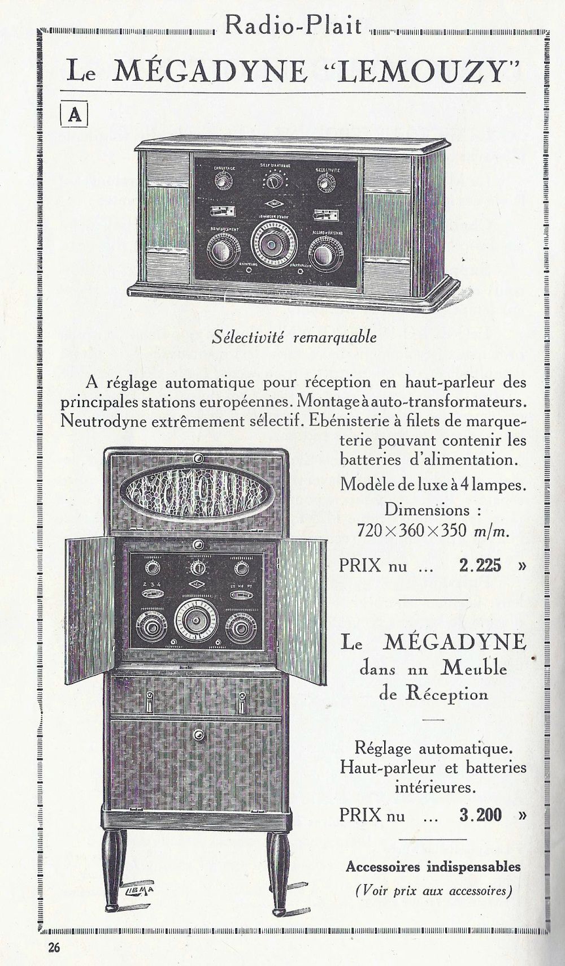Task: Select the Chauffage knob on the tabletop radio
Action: pyautogui.click(x=224, y=182)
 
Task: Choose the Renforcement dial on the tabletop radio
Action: pyautogui.click(x=222, y=251)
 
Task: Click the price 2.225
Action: pyautogui.click(x=480, y=565)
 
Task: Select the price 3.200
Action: pyautogui.click(x=480, y=815)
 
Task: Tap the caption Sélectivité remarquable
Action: pyautogui.click(x=293, y=337)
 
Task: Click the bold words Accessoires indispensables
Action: pyautogui.click(x=433, y=867)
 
